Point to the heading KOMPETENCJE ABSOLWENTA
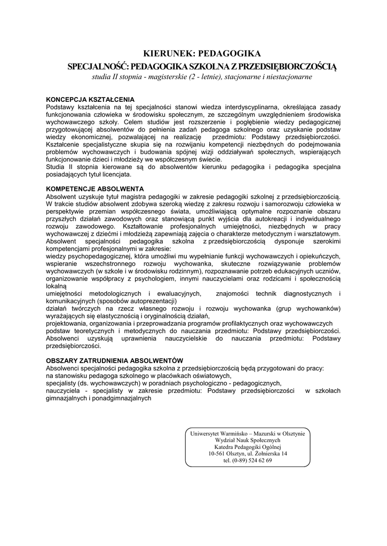pos(95,189)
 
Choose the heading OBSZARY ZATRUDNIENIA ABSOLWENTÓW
pos(115,361)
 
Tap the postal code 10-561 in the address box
pos(218,454)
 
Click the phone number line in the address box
pos(248,461)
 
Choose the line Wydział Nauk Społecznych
pos(248,440)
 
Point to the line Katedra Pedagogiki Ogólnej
pos(248,447)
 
